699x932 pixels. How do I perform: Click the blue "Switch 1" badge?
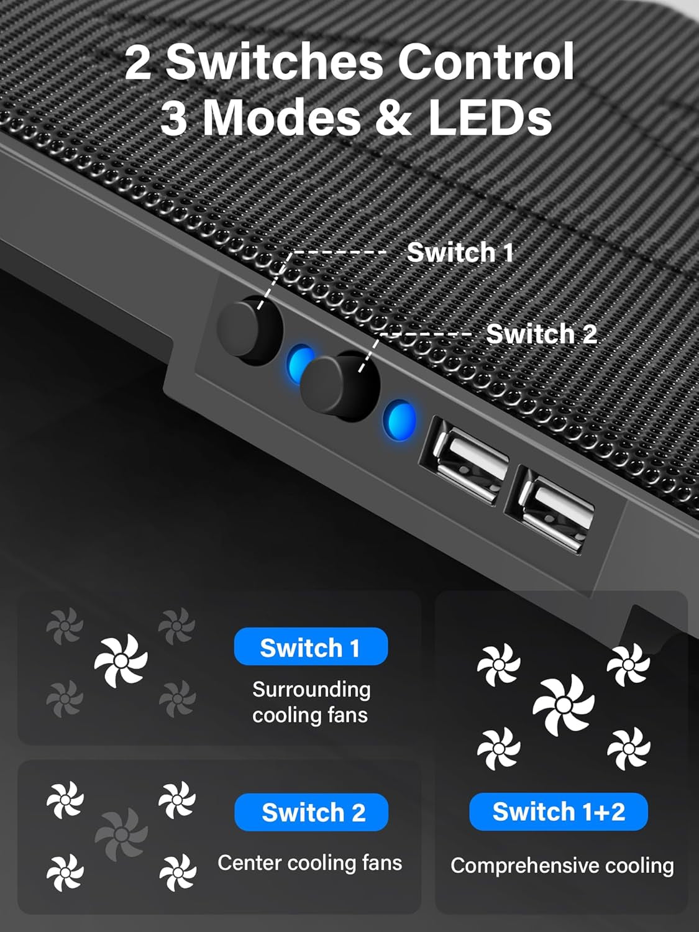pyautogui.click(x=311, y=647)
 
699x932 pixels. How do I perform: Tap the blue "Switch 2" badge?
pyautogui.click(x=311, y=812)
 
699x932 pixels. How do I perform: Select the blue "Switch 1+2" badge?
pyautogui.click(x=559, y=811)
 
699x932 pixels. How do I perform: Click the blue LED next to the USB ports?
pyautogui.click(x=399, y=420)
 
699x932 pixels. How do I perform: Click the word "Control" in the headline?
pyautogui.click(x=485, y=62)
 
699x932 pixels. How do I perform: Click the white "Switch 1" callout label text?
pyautogui.click(x=460, y=253)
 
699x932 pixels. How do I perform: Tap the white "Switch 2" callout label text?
pyautogui.click(x=541, y=334)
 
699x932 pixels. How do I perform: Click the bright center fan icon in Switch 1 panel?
pyautogui.click(x=121, y=661)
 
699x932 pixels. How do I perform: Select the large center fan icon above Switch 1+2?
pyautogui.click(x=564, y=705)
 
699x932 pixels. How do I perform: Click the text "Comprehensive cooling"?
pyautogui.click(x=562, y=866)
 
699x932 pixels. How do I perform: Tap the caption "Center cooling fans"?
pyautogui.click(x=309, y=863)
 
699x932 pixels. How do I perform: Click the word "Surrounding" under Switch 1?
pyautogui.click(x=311, y=690)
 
